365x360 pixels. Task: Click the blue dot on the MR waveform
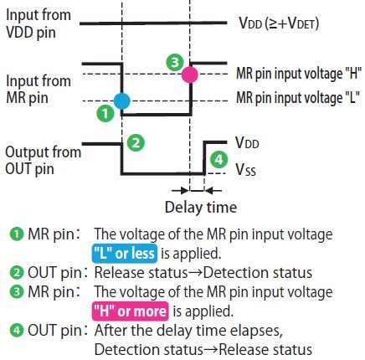(x=122, y=100)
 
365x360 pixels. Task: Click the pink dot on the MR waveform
(x=191, y=75)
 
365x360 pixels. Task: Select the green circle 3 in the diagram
(x=174, y=63)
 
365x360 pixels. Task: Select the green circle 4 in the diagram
(x=218, y=159)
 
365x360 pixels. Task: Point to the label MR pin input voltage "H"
(x=298, y=74)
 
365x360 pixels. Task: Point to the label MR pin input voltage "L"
(x=298, y=97)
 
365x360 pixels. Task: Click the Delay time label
(x=200, y=207)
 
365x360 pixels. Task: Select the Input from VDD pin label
(x=39, y=24)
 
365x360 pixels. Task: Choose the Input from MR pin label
(x=39, y=90)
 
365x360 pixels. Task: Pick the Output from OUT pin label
(x=42, y=161)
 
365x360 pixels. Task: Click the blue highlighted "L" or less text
(x=125, y=254)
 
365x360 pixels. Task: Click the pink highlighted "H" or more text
(x=130, y=311)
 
